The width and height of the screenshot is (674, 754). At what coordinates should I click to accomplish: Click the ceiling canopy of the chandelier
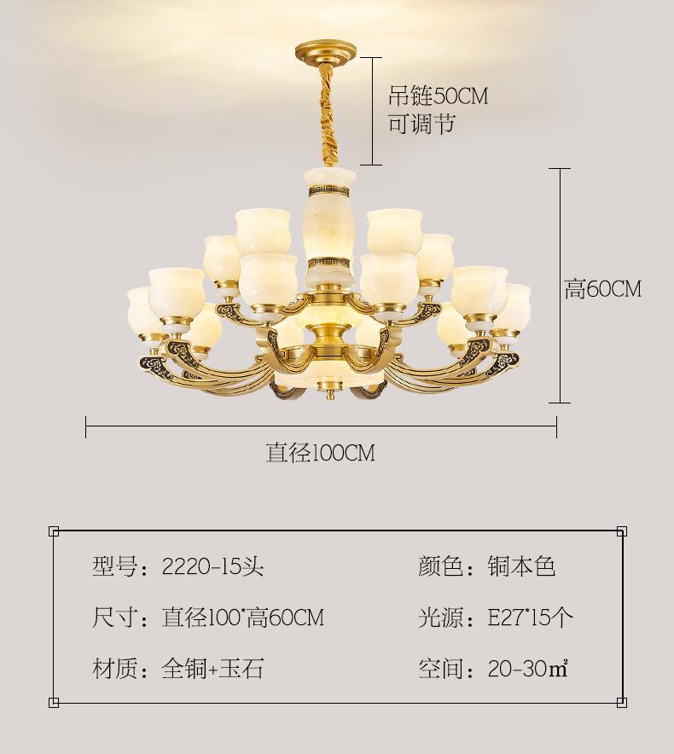pyautogui.click(x=326, y=51)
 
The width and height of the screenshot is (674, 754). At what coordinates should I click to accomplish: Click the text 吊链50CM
pyautogui.click(x=439, y=96)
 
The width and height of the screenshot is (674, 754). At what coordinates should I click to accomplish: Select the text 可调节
pyautogui.click(x=421, y=124)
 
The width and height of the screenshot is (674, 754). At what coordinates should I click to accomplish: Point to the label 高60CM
pyautogui.click(x=603, y=289)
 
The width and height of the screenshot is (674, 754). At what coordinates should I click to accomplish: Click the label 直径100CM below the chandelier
pyautogui.click(x=321, y=453)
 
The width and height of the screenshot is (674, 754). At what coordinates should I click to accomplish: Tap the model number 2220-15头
pyautogui.click(x=212, y=566)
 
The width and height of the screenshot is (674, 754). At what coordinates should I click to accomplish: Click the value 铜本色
pyautogui.click(x=522, y=566)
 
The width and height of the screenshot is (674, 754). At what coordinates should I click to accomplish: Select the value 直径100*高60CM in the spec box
pyautogui.click(x=243, y=617)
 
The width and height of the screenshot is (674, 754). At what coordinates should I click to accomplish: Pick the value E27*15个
pyautogui.click(x=531, y=617)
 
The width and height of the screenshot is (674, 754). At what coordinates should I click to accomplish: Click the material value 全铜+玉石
pyautogui.click(x=212, y=669)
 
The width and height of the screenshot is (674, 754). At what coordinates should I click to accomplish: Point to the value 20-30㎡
pyautogui.click(x=528, y=669)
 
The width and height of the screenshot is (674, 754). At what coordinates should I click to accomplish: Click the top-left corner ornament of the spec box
pyautogui.click(x=54, y=531)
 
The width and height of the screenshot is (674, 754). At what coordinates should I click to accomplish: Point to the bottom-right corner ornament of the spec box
pyautogui.click(x=622, y=703)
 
